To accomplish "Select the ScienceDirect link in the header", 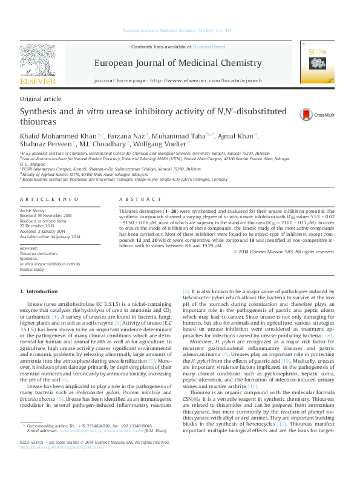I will coord(209,47).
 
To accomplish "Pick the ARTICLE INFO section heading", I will coord(49,199).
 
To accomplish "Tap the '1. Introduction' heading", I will coord(39,292).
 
